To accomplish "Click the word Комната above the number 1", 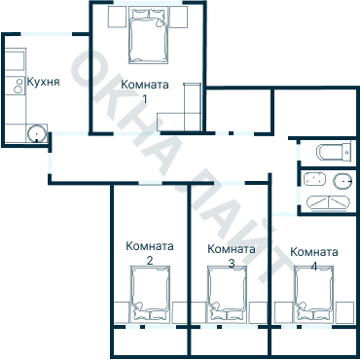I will click(x=144, y=86).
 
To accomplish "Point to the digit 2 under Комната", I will click(x=149, y=261).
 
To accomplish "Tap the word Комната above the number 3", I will click(x=232, y=249).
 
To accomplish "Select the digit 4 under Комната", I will click(x=313, y=264).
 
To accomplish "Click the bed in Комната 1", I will click(x=149, y=37).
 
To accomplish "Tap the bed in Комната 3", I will click(x=230, y=296).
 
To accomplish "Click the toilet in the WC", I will click(x=334, y=152).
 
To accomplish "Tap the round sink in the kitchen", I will click(x=36, y=131).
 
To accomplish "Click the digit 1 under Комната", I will click(x=144, y=98).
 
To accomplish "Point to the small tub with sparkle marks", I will click(x=326, y=202).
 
